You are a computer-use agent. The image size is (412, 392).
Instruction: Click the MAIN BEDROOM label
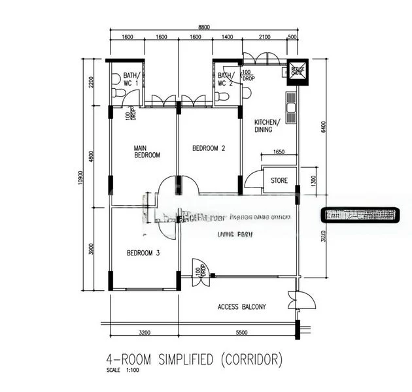(147, 151)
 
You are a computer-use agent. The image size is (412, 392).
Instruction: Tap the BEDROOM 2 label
(209, 148)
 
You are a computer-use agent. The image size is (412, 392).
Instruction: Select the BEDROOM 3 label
(143, 253)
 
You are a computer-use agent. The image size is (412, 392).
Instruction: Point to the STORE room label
(279, 180)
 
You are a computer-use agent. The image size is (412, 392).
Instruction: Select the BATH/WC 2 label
(226, 80)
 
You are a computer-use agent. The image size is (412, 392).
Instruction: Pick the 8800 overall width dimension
(204, 27)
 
